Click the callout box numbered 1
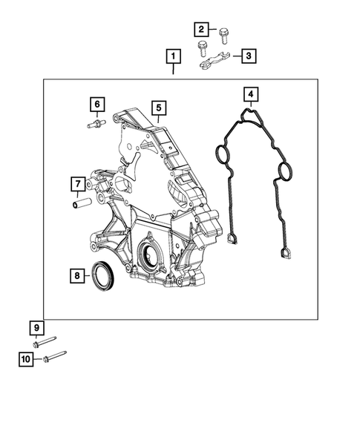pos(173,56)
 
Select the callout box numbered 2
pos(201,30)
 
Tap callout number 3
pos(249,56)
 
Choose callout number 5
pos(158,108)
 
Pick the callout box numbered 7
pos(76,183)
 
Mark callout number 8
pos(76,277)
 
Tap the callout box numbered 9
pos(36,328)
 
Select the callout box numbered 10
pos(26,360)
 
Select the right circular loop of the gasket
pos(281,174)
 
